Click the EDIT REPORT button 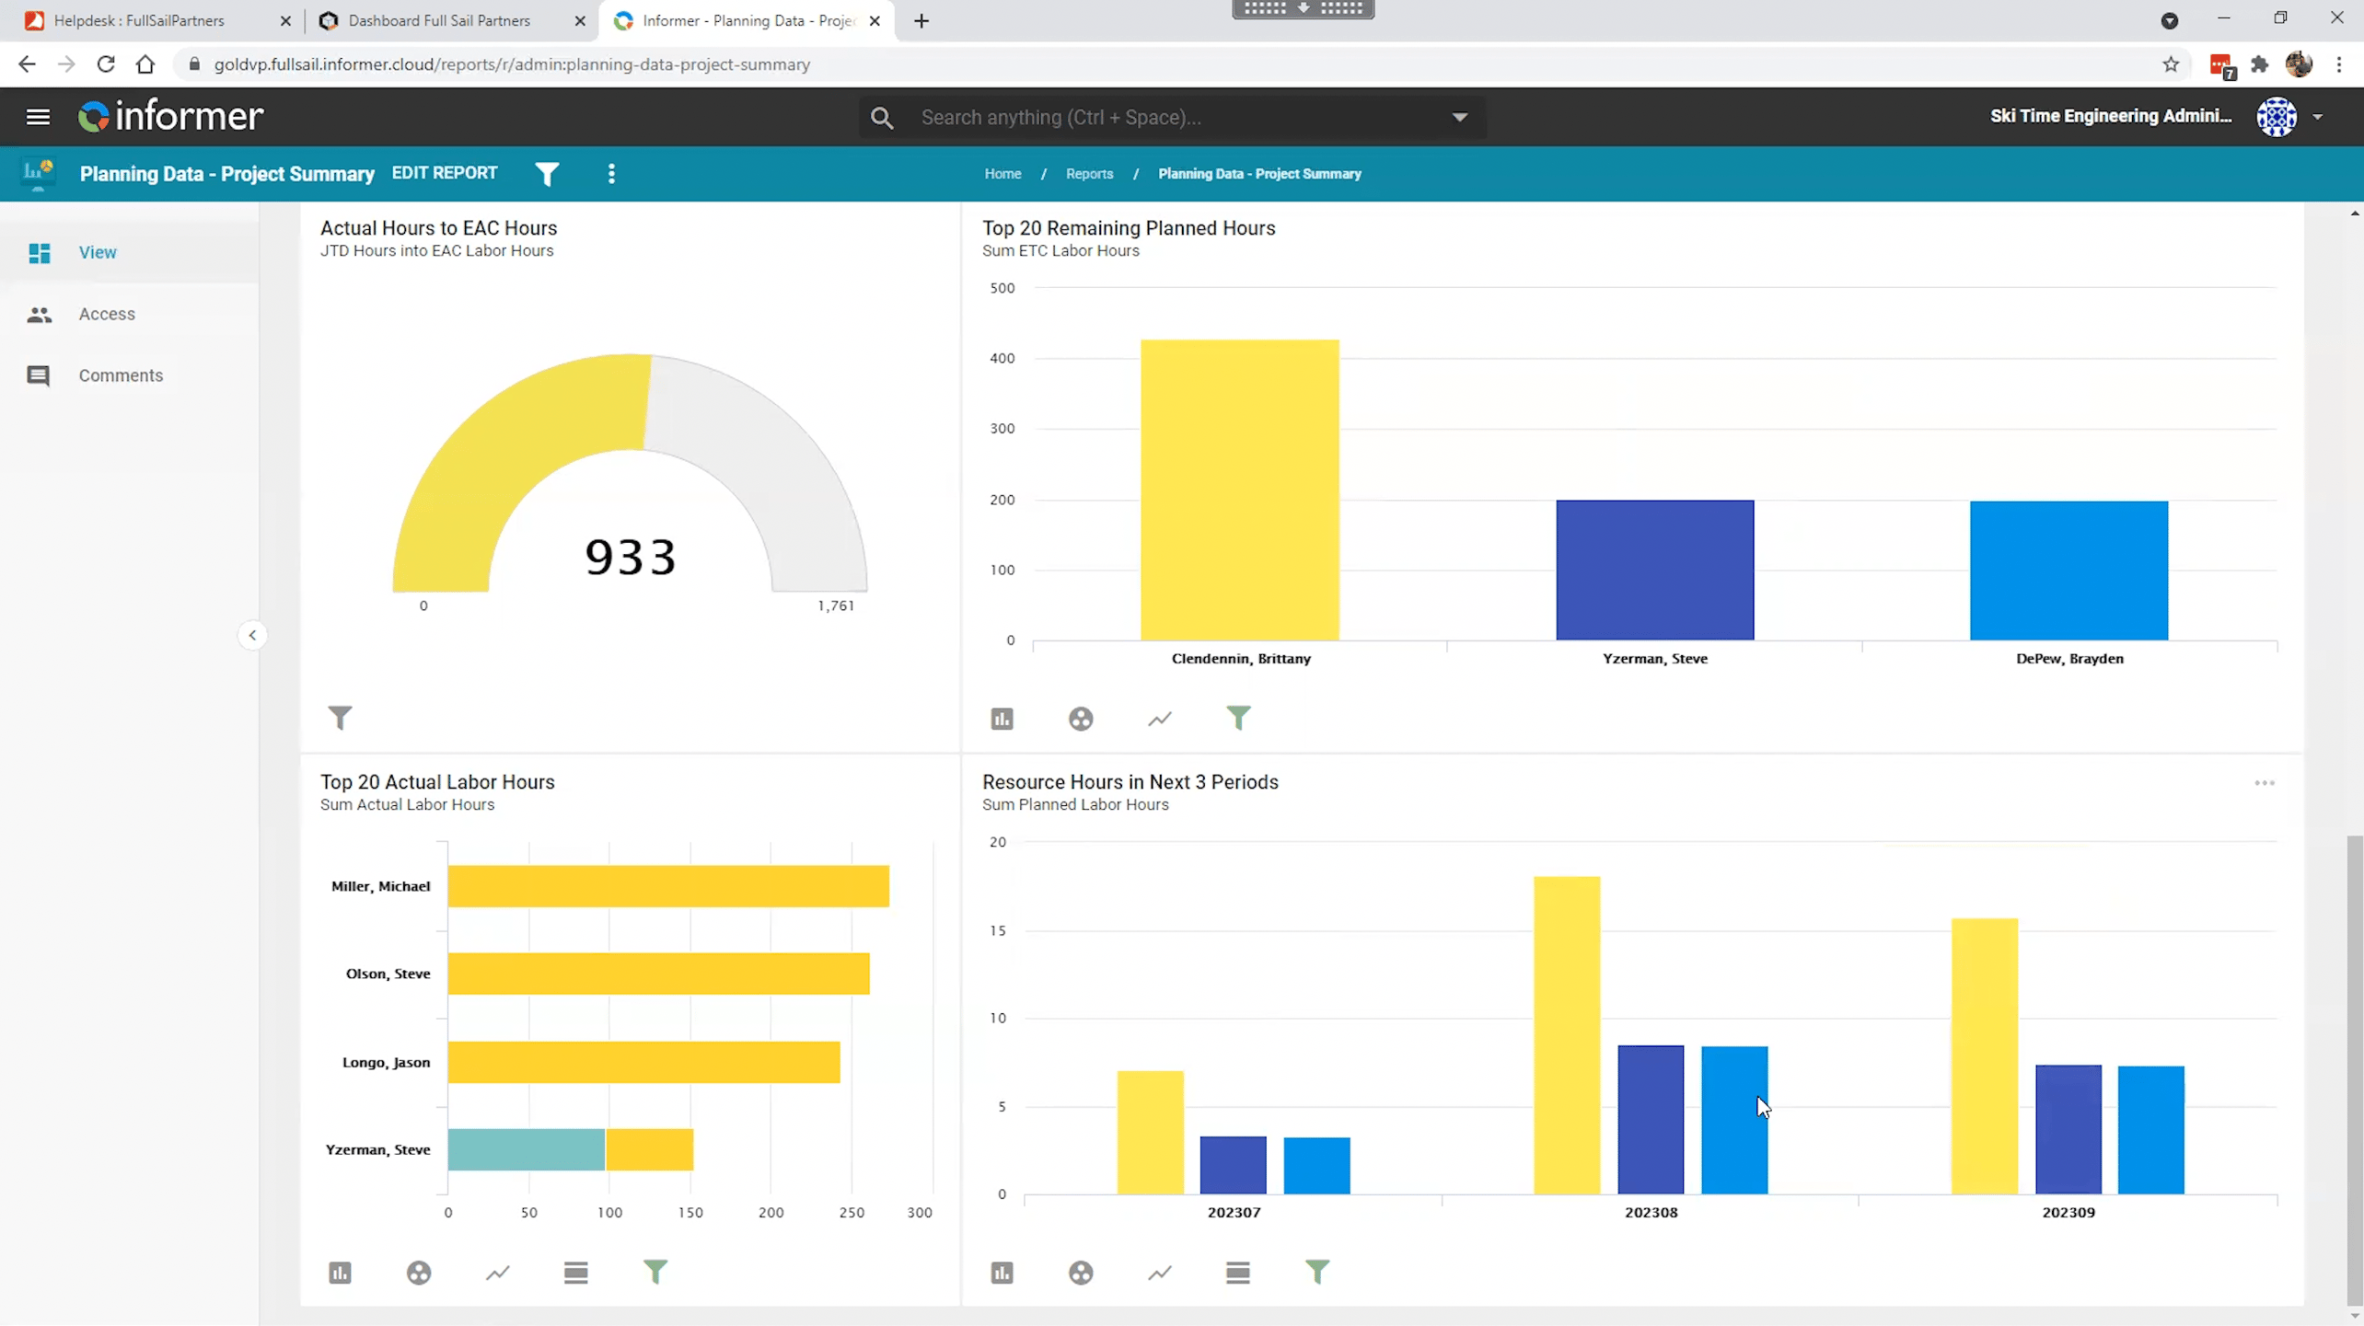click(x=444, y=173)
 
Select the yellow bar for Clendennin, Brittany click(x=1239, y=490)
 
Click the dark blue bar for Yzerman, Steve click(x=1654, y=570)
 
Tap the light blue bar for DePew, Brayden click(x=2068, y=570)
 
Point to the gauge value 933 click(x=631, y=558)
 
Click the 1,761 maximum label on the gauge click(x=835, y=605)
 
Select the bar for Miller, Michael click(x=667, y=886)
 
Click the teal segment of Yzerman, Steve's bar click(x=526, y=1149)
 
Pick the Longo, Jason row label click(x=386, y=1062)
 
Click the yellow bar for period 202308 click(x=1566, y=1035)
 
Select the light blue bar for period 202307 click(x=1316, y=1165)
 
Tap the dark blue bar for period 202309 click(x=2068, y=1129)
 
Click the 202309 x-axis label click(x=2068, y=1212)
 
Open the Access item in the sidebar click(x=107, y=314)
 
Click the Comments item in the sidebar click(x=121, y=375)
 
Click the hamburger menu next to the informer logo click(x=38, y=117)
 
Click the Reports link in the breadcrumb click(x=1089, y=174)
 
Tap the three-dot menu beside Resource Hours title click(x=2264, y=783)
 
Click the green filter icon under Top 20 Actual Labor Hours click(x=655, y=1272)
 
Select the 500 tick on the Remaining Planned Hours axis click(x=1002, y=288)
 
